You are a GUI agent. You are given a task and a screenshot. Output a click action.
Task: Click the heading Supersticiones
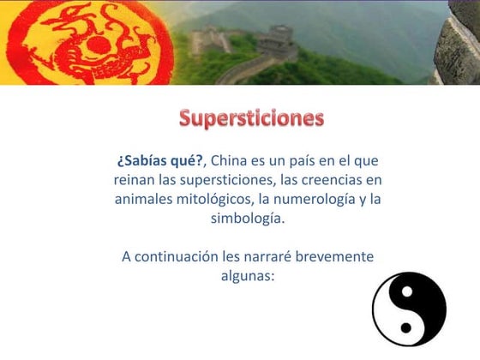[251, 117]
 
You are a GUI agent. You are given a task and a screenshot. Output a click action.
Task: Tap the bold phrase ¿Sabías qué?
[160, 160]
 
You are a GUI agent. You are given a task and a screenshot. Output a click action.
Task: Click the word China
[229, 160]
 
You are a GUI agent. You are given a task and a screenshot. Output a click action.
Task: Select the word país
[296, 160]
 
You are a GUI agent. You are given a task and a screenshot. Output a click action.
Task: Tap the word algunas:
[247, 275]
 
